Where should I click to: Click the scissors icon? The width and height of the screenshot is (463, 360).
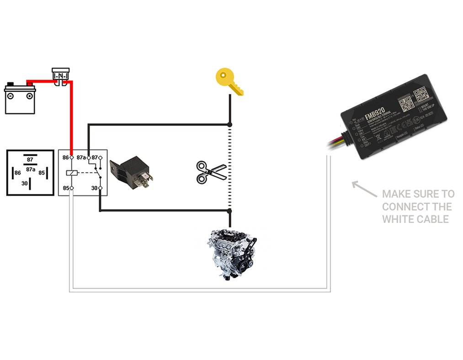coord(211,172)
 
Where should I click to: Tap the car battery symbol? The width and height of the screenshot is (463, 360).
coord(20,98)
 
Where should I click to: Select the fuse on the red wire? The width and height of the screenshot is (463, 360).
coord(60,76)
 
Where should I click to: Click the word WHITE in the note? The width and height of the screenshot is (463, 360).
coord(396,219)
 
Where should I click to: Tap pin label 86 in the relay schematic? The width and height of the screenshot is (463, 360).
coord(65,158)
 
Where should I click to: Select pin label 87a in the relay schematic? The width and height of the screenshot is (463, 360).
coord(81,158)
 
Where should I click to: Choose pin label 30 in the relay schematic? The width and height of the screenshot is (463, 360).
coord(94,188)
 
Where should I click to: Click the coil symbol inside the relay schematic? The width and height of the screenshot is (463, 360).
coord(72,173)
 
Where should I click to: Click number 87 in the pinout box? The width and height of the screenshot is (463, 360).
coord(30,159)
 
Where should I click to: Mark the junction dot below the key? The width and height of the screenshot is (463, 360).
coord(230,124)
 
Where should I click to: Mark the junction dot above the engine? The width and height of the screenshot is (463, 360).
coord(230,211)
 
